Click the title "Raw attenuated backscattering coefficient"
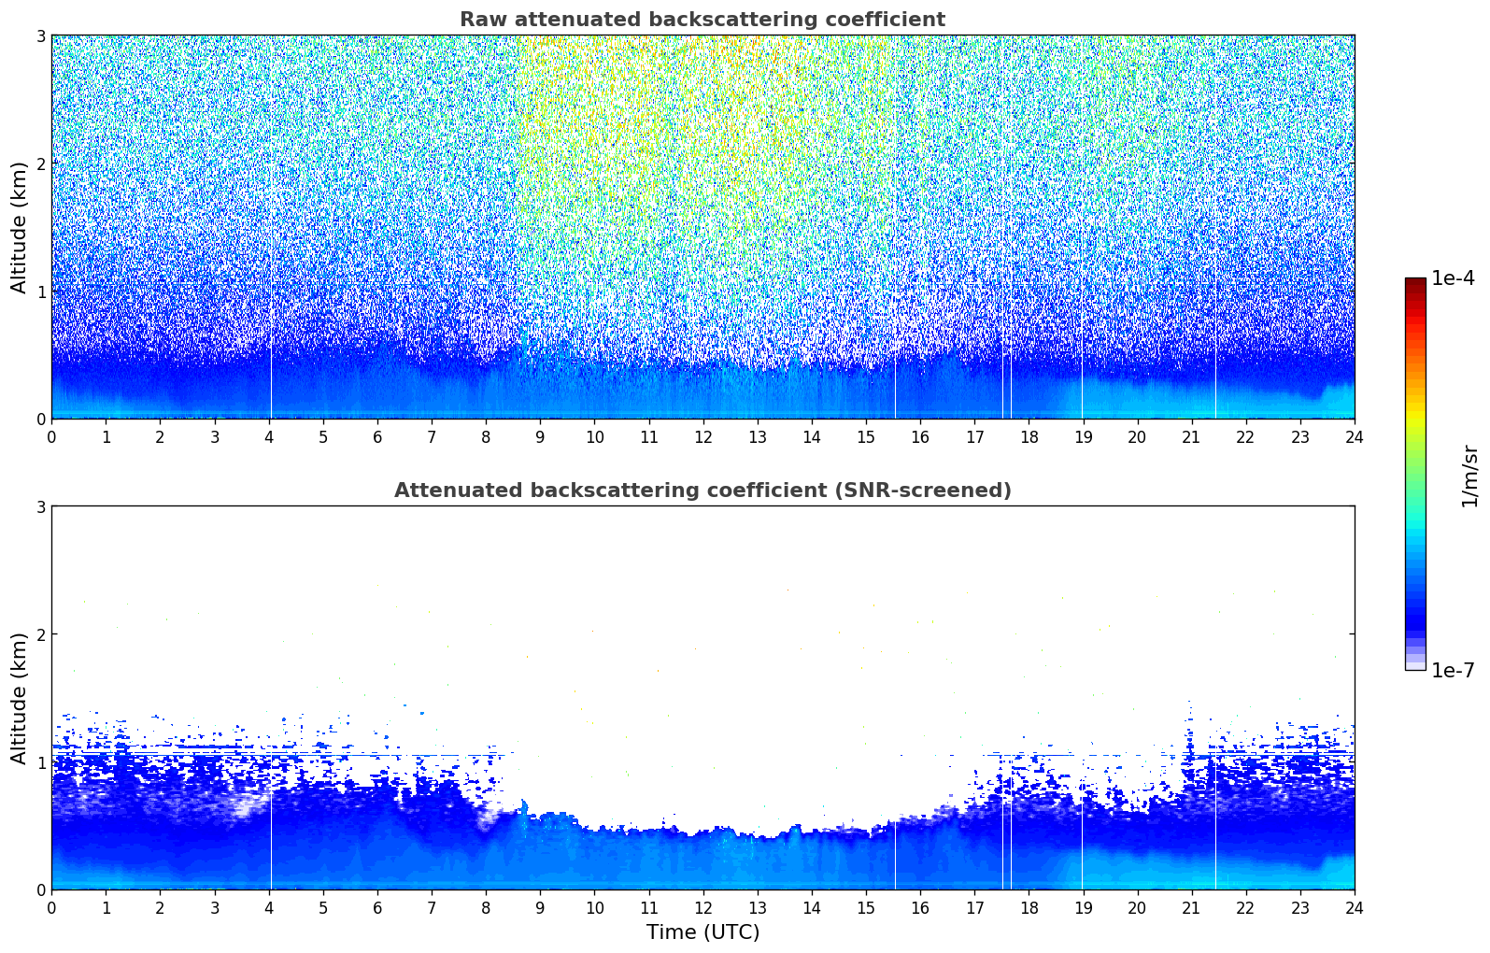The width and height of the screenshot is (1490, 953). pyautogui.click(x=702, y=20)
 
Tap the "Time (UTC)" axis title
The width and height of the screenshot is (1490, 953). pyautogui.click(x=702, y=932)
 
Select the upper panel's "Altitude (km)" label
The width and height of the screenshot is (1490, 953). pyautogui.click(x=19, y=228)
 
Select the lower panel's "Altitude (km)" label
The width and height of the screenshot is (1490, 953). pyautogui.click(x=19, y=698)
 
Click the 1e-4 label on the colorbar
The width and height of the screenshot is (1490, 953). pyautogui.click(x=1454, y=278)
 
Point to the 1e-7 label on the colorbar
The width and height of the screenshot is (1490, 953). pyautogui.click(x=1454, y=670)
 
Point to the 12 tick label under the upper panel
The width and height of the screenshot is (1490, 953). pyautogui.click(x=703, y=437)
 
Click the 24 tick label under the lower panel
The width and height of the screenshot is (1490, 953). pyautogui.click(x=1355, y=908)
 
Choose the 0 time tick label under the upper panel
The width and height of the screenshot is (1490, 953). pyautogui.click(x=52, y=437)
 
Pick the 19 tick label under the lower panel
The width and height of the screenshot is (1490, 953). pyautogui.click(x=1083, y=908)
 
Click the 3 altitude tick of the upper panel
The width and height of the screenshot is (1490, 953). pyautogui.click(x=40, y=36)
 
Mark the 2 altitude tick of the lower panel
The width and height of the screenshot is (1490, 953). pyautogui.click(x=40, y=634)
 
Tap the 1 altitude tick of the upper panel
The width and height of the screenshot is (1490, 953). pyautogui.click(x=40, y=292)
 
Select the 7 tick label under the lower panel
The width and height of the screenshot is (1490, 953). pyautogui.click(x=432, y=908)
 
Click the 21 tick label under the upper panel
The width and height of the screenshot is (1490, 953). pyautogui.click(x=1191, y=437)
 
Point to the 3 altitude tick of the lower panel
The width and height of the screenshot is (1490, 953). pyautogui.click(x=40, y=506)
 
